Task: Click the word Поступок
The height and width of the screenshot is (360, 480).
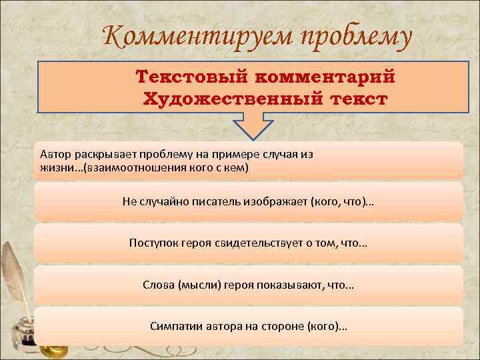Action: coord(154,243)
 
